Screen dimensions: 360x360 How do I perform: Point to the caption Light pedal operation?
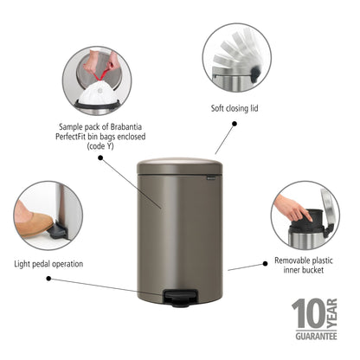[x=48, y=263]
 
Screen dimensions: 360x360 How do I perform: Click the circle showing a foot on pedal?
[x=48, y=216]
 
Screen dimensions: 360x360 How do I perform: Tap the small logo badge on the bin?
[x=208, y=178]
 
